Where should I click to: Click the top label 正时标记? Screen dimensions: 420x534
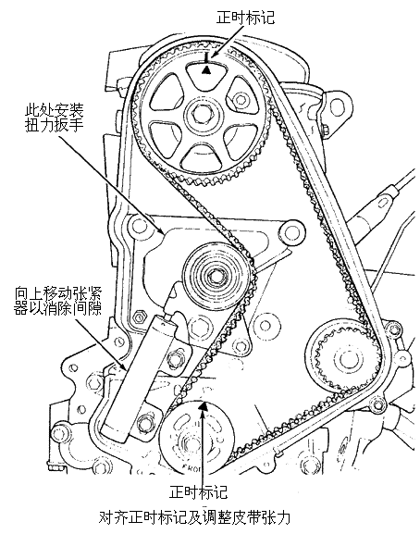(x=245, y=18)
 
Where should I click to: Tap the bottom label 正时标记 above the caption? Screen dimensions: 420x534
(x=198, y=491)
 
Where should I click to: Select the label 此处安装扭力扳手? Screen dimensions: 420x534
(x=55, y=118)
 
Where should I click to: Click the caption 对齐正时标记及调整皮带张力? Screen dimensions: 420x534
(x=194, y=517)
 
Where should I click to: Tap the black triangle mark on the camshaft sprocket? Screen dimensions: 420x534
(x=206, y=70)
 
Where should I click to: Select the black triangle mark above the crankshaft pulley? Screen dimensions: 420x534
(x=203, y=405)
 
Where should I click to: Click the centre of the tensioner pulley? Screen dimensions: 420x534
(x=216, y=275)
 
